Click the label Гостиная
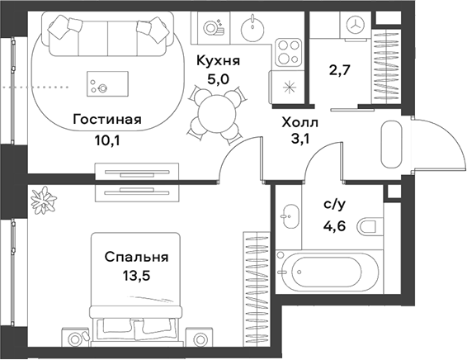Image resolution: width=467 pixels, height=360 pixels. click(x=106, y=120)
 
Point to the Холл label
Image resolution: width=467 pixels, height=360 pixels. click(x=300, y=122)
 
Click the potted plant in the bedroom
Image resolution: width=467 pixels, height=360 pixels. click(x=41, y=200)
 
